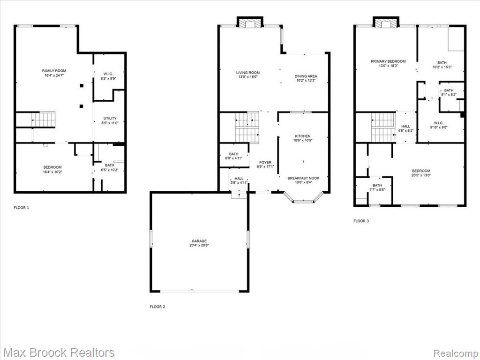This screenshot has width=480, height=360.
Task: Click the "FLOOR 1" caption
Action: coord(22,208)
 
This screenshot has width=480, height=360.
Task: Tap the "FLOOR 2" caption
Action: coord(157,307)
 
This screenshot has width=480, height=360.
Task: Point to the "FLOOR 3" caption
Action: coord(361,221)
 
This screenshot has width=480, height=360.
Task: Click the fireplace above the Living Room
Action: coord(250,22)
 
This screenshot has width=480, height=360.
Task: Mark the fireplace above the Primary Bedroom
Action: coord(386,22)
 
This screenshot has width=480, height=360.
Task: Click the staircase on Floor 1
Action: coord(43,120)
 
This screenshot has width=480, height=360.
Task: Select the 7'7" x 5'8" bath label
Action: coord(377,187)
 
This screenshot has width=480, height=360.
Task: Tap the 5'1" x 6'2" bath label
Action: coord(449,92)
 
